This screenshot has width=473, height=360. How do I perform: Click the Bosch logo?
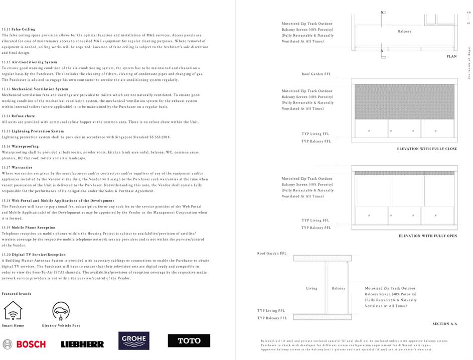point(24,344)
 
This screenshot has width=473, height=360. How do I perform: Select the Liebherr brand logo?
point(82,344)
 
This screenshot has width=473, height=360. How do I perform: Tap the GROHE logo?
point(134,340)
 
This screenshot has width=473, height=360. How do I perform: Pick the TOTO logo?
point(189,341)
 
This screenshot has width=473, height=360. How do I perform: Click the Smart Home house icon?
point(13,311)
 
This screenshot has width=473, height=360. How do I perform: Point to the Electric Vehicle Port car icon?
point(61,311)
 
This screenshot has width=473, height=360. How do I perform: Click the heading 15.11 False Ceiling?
point(19,30)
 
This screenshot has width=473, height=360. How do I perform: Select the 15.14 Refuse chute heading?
point(19,116)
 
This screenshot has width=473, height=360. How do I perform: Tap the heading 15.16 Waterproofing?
point(20,147)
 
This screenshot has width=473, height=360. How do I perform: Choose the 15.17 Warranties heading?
point(17,167)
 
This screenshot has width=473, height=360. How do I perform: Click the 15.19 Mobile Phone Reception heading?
point(29,227)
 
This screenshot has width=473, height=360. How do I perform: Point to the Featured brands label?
point(16,294)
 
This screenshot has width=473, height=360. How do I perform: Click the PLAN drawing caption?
point(451,57)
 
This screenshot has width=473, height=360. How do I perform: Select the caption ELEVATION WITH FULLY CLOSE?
point(427,149)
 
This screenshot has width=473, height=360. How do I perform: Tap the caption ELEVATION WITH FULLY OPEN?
point(428,236)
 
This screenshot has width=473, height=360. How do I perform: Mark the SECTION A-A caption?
point(445,324)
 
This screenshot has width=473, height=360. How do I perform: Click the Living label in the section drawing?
point(311,288)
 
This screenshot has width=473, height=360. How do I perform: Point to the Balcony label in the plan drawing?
point(404,31)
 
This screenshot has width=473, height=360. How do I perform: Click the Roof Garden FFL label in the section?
point(272,254)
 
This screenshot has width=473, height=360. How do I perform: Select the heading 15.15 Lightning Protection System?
point(33,131)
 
